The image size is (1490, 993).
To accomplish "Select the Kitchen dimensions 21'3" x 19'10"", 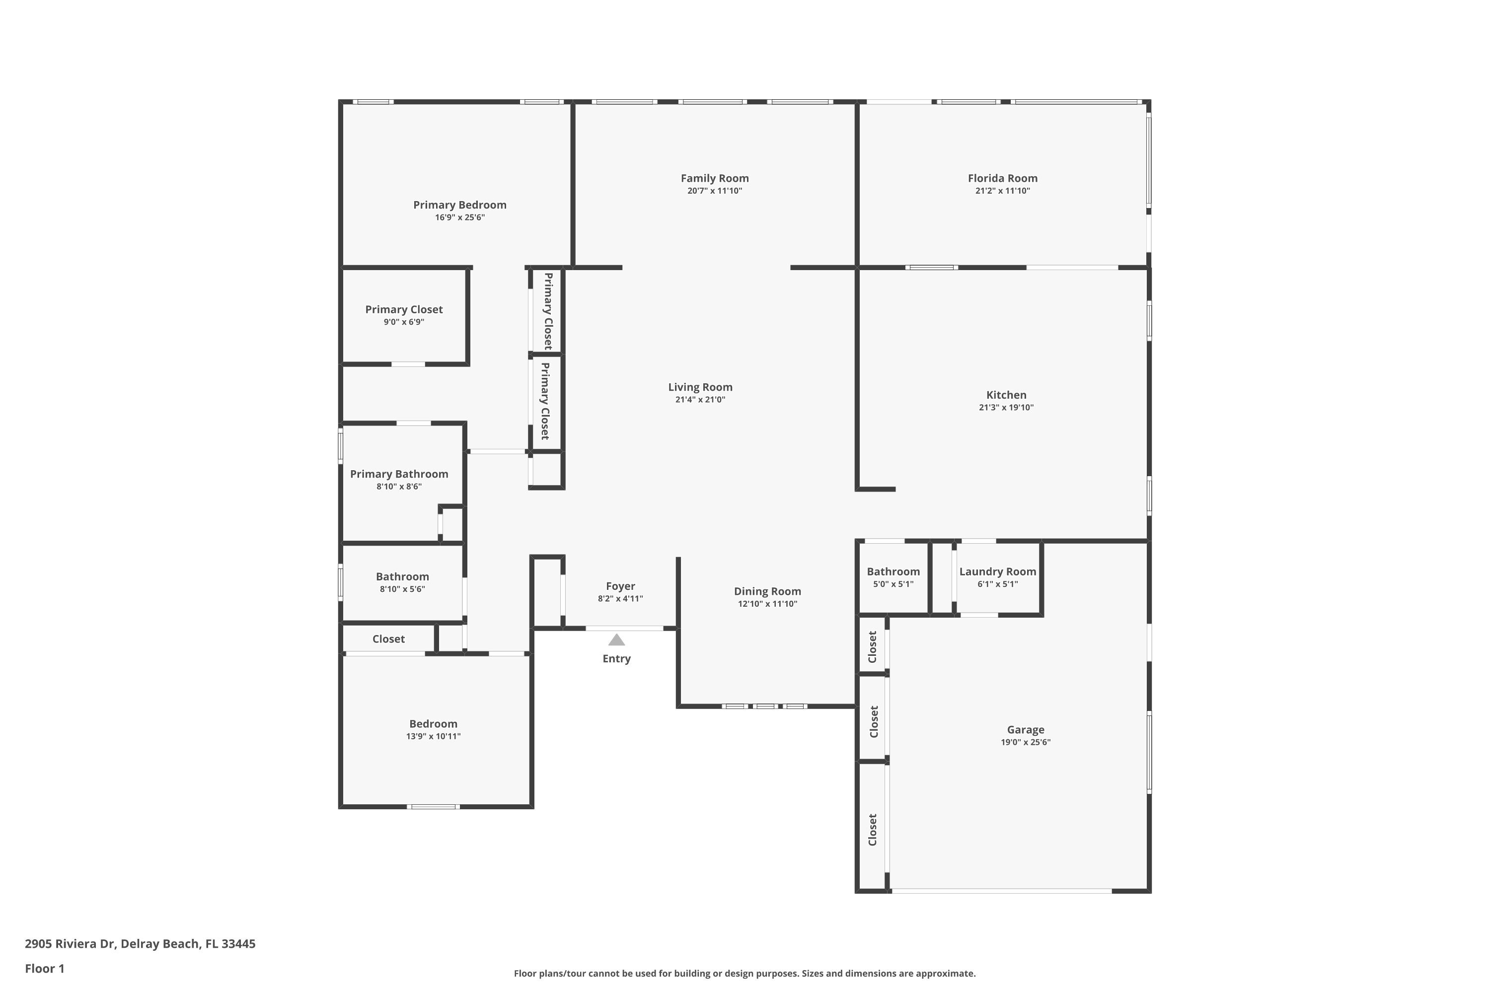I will tap(1006, 408).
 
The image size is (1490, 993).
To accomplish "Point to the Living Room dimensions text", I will tap(700, 400).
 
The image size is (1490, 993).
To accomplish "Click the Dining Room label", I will tap(767, 591).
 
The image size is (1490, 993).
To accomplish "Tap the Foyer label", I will tap(620, 586).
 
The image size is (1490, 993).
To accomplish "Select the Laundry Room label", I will tap(997, 572).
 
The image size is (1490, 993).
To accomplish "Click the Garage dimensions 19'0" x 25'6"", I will tap(1025, 742).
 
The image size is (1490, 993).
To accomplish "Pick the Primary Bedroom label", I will tap(459, 205).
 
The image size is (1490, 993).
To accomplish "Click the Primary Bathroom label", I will tap(399, 474).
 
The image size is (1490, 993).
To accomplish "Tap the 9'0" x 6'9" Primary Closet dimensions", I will tap(403, 322).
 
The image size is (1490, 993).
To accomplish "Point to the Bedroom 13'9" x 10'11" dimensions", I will tap(433, 736).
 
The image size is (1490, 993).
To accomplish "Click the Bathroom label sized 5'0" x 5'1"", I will tap(893, 572).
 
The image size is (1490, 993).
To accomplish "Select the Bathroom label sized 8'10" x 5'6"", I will tap(402, 577).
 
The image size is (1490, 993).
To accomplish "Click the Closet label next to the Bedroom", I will tap(388, 639).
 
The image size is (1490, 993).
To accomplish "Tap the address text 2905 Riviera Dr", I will tap(140, 944).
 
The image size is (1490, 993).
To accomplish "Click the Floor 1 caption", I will tap(44, 968).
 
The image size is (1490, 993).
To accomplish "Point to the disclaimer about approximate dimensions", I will tap(745, 973).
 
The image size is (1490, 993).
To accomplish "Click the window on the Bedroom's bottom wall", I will tap(433, 807).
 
